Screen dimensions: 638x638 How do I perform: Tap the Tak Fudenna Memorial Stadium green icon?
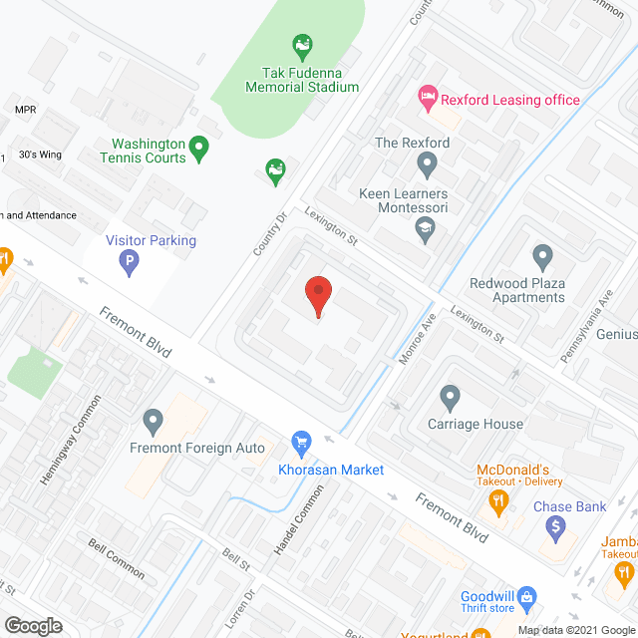click(300, 46)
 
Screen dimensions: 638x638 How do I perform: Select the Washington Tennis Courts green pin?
click(198, 150)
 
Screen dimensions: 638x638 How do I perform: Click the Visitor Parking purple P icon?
click(128, 263)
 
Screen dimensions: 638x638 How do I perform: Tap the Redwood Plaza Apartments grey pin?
click(542, 258)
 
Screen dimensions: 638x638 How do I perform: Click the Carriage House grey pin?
click(450, 399)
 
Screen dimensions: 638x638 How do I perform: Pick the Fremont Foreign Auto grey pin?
click(153, 423)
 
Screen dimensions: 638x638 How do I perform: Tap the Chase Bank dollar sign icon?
click(557, 529)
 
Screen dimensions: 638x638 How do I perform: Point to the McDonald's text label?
click(514, 470)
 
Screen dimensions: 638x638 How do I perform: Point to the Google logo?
click(32, 625)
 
